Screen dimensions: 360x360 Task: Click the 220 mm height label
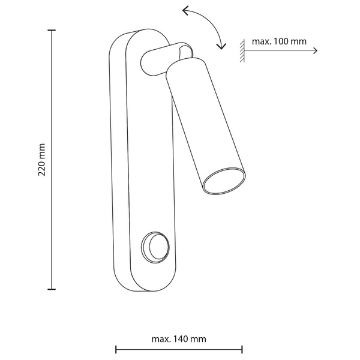[x=41, y=160]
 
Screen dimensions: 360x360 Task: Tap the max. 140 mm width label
[x=179, y=339]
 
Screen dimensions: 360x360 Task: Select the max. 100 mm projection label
[x=279, y=41]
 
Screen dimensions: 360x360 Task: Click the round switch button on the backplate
[x=155, y=247]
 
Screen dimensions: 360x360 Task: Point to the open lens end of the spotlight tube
[x=224, y=181]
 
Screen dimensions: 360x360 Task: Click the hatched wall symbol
[x=242, y=50]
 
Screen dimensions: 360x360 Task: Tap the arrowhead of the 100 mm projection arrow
[x=316, y=50]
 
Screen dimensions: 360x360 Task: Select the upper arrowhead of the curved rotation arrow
[x=185, y=11]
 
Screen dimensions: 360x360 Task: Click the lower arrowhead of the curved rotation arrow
[x=221, y=46]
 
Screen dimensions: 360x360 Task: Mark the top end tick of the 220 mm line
[x=52, y=30]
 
